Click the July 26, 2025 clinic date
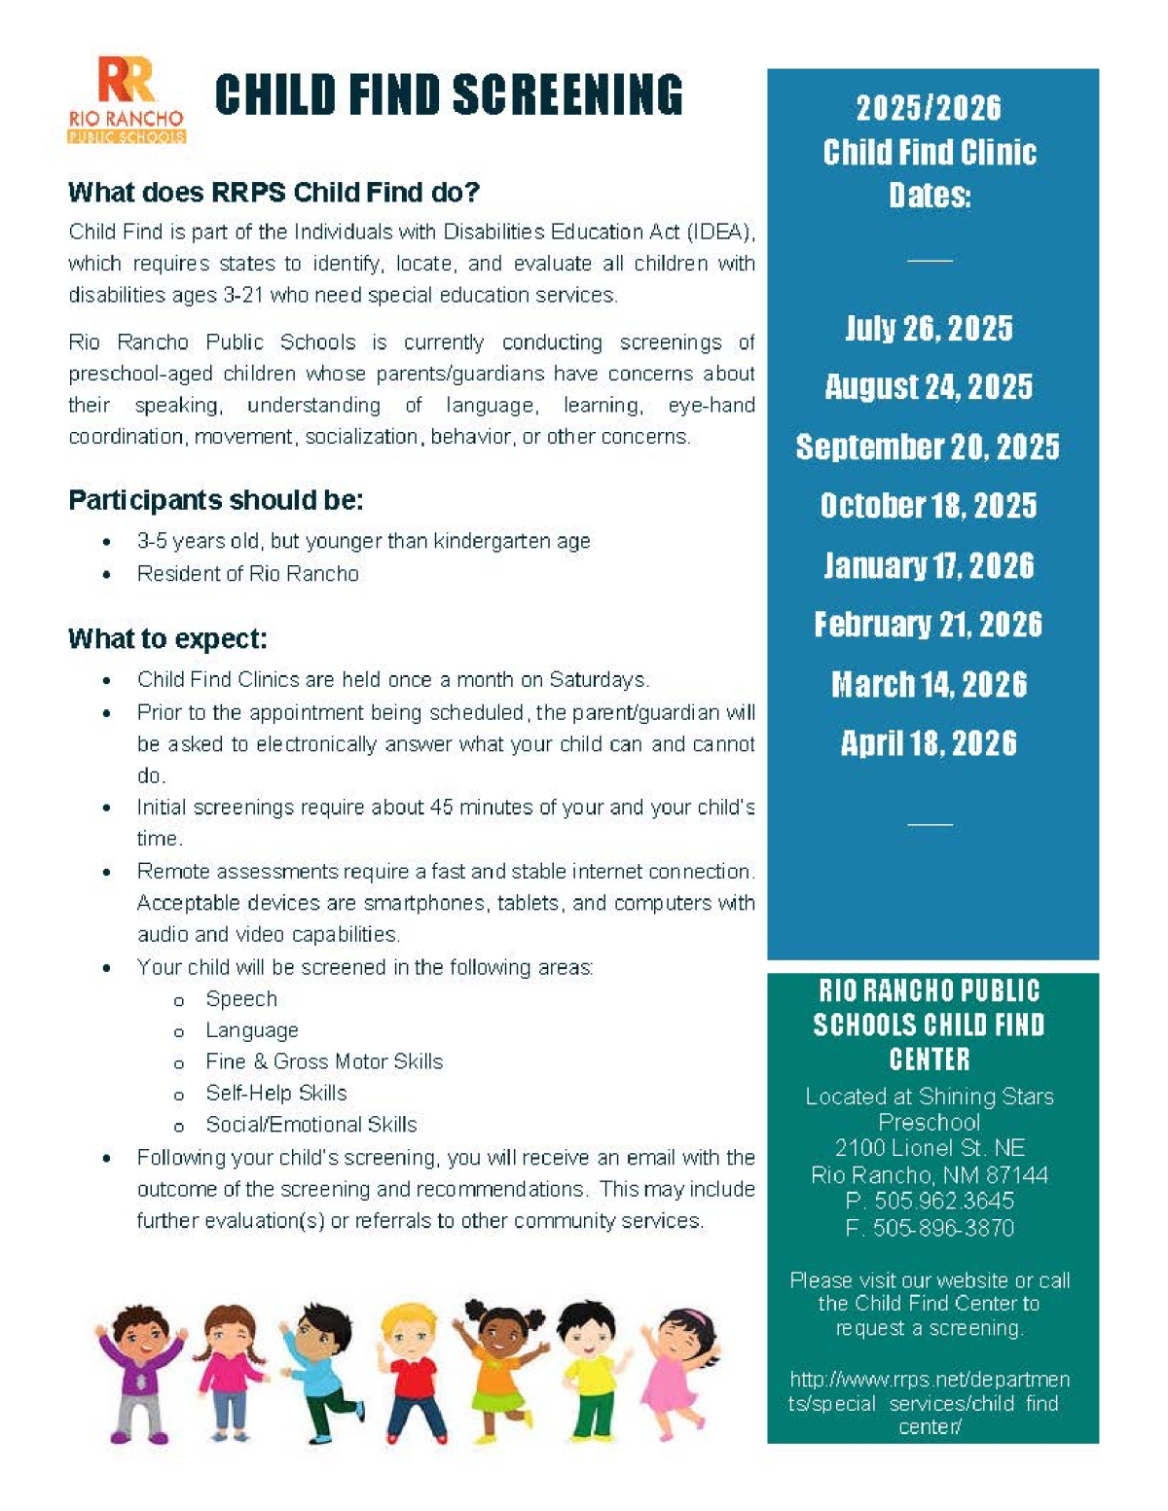929,329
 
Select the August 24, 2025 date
929,387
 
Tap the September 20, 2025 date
928,447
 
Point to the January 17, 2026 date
929,565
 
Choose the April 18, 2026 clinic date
929,743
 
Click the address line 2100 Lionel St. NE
930,1148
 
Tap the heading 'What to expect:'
167,639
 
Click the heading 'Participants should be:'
215,500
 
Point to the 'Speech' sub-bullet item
241,999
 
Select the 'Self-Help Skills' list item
276,1093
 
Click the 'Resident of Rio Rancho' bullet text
248,574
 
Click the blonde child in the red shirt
410,1372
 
